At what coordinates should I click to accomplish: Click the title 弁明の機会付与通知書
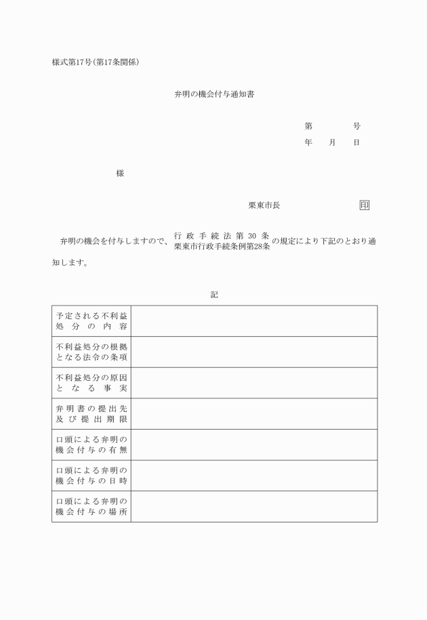click(214, 95)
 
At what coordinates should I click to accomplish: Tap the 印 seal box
click(365, 205)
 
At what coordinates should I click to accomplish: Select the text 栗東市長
click(264, 205)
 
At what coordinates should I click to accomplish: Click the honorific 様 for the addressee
click(120, 173)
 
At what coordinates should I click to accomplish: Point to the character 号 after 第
click(357, 126)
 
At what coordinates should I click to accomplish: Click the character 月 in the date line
click(332, 143)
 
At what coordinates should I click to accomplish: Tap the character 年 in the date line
click(308, 143)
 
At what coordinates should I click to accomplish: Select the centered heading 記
click(214, 295)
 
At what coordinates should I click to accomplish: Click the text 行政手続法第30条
click(222, 235)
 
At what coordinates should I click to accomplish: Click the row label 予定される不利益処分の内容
click(91, 321)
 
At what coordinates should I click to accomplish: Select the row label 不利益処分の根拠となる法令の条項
click(91, 352)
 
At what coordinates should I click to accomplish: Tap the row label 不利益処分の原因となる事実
click(91, 383)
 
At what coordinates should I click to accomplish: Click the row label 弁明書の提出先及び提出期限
click(91, 414)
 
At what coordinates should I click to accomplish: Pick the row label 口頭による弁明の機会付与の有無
click(91, 445)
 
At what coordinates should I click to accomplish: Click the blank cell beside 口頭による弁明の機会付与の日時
click(254, 476)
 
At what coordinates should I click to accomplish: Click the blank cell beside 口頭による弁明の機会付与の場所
click(254, 506)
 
